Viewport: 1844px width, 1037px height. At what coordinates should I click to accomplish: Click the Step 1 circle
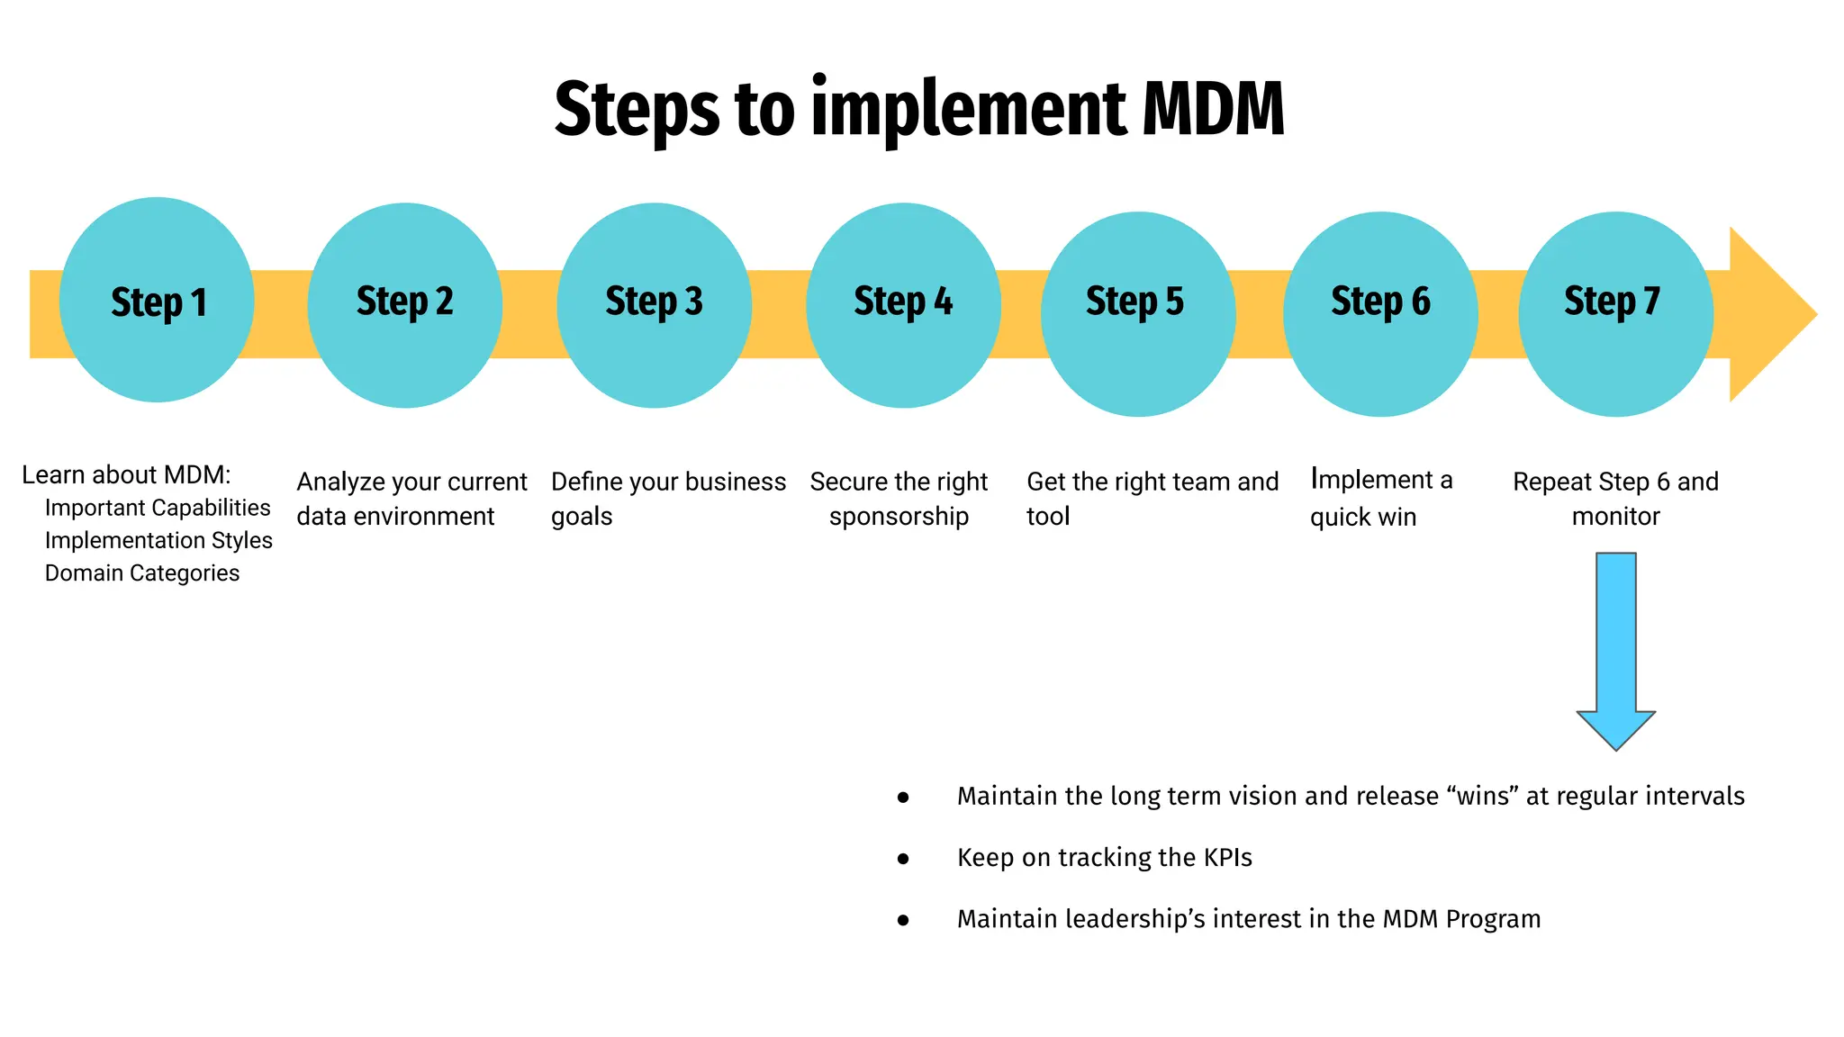tap(157, 300)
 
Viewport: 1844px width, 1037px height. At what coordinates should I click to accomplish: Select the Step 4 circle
tap(903, 305)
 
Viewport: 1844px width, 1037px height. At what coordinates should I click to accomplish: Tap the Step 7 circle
tap(1615, 313)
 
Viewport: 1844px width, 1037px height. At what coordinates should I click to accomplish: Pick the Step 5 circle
tap(1138, 313)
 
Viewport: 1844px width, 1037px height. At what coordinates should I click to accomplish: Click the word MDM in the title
tap(1213, 109)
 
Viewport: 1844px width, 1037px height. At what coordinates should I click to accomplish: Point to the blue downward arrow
tap(1615, 648)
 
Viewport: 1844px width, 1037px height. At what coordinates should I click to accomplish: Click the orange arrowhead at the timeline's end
tap(1770, 314)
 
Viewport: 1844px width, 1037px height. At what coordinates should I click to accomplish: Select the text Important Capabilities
tap(158, 508)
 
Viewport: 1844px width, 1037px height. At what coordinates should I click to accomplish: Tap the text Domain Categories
tap(142, 573)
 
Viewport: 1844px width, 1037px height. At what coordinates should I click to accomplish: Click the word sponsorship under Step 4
tap(899, 517)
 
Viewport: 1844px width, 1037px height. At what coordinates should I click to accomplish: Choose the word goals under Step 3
tap(582, 518)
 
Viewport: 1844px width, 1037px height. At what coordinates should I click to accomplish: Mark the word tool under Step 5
tap(1048, 517)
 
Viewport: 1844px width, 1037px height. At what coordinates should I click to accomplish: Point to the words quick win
tap(1363, 518)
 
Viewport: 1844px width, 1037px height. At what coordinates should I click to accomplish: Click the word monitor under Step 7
tap(1615, 517)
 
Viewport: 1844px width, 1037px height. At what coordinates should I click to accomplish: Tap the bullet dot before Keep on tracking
tap(903, 859)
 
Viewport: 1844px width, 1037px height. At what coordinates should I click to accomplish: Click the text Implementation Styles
tap(158, 540)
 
